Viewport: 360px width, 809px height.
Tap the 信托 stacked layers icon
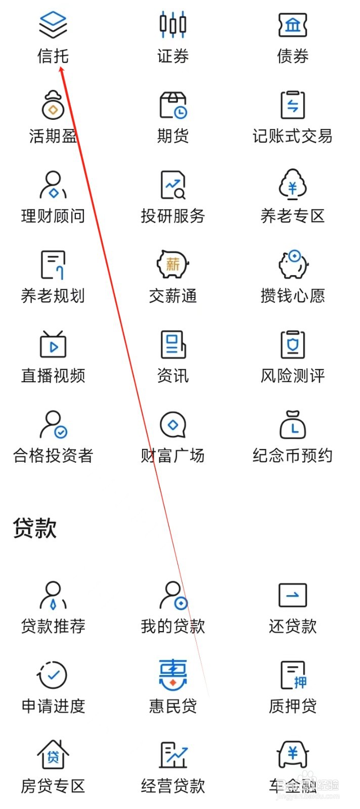tap(53, 24)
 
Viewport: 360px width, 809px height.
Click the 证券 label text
tap(173, 56)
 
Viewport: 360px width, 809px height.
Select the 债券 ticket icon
tap(293, 24)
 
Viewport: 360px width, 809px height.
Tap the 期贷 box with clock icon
tap(173, 105)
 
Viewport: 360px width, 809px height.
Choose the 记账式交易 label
tap(293, 136)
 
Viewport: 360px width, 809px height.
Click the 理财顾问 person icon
tap(53, 185)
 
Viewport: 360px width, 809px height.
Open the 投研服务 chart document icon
tap(173, 185)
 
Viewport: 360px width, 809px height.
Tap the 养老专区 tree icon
tap(293, 185)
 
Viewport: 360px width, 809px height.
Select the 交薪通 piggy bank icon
tap(173, 264)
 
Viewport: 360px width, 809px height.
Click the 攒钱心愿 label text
tap(293, 296)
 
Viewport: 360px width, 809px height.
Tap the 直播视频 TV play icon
tap(53, 344)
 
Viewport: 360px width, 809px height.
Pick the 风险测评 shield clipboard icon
tap(293, 344)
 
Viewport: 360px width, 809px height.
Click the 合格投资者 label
tap(53, 456)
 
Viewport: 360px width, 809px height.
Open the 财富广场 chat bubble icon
tap(173, 424)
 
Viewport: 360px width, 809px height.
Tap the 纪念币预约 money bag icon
tap(293, 424)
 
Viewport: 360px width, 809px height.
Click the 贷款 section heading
tap(34, 528)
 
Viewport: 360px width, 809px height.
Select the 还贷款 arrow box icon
tap(293, 595)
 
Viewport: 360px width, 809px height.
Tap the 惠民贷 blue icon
tap(173, 675)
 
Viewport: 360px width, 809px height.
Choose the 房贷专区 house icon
tap(53, 754)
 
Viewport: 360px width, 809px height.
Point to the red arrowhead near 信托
tap(62, 70)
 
